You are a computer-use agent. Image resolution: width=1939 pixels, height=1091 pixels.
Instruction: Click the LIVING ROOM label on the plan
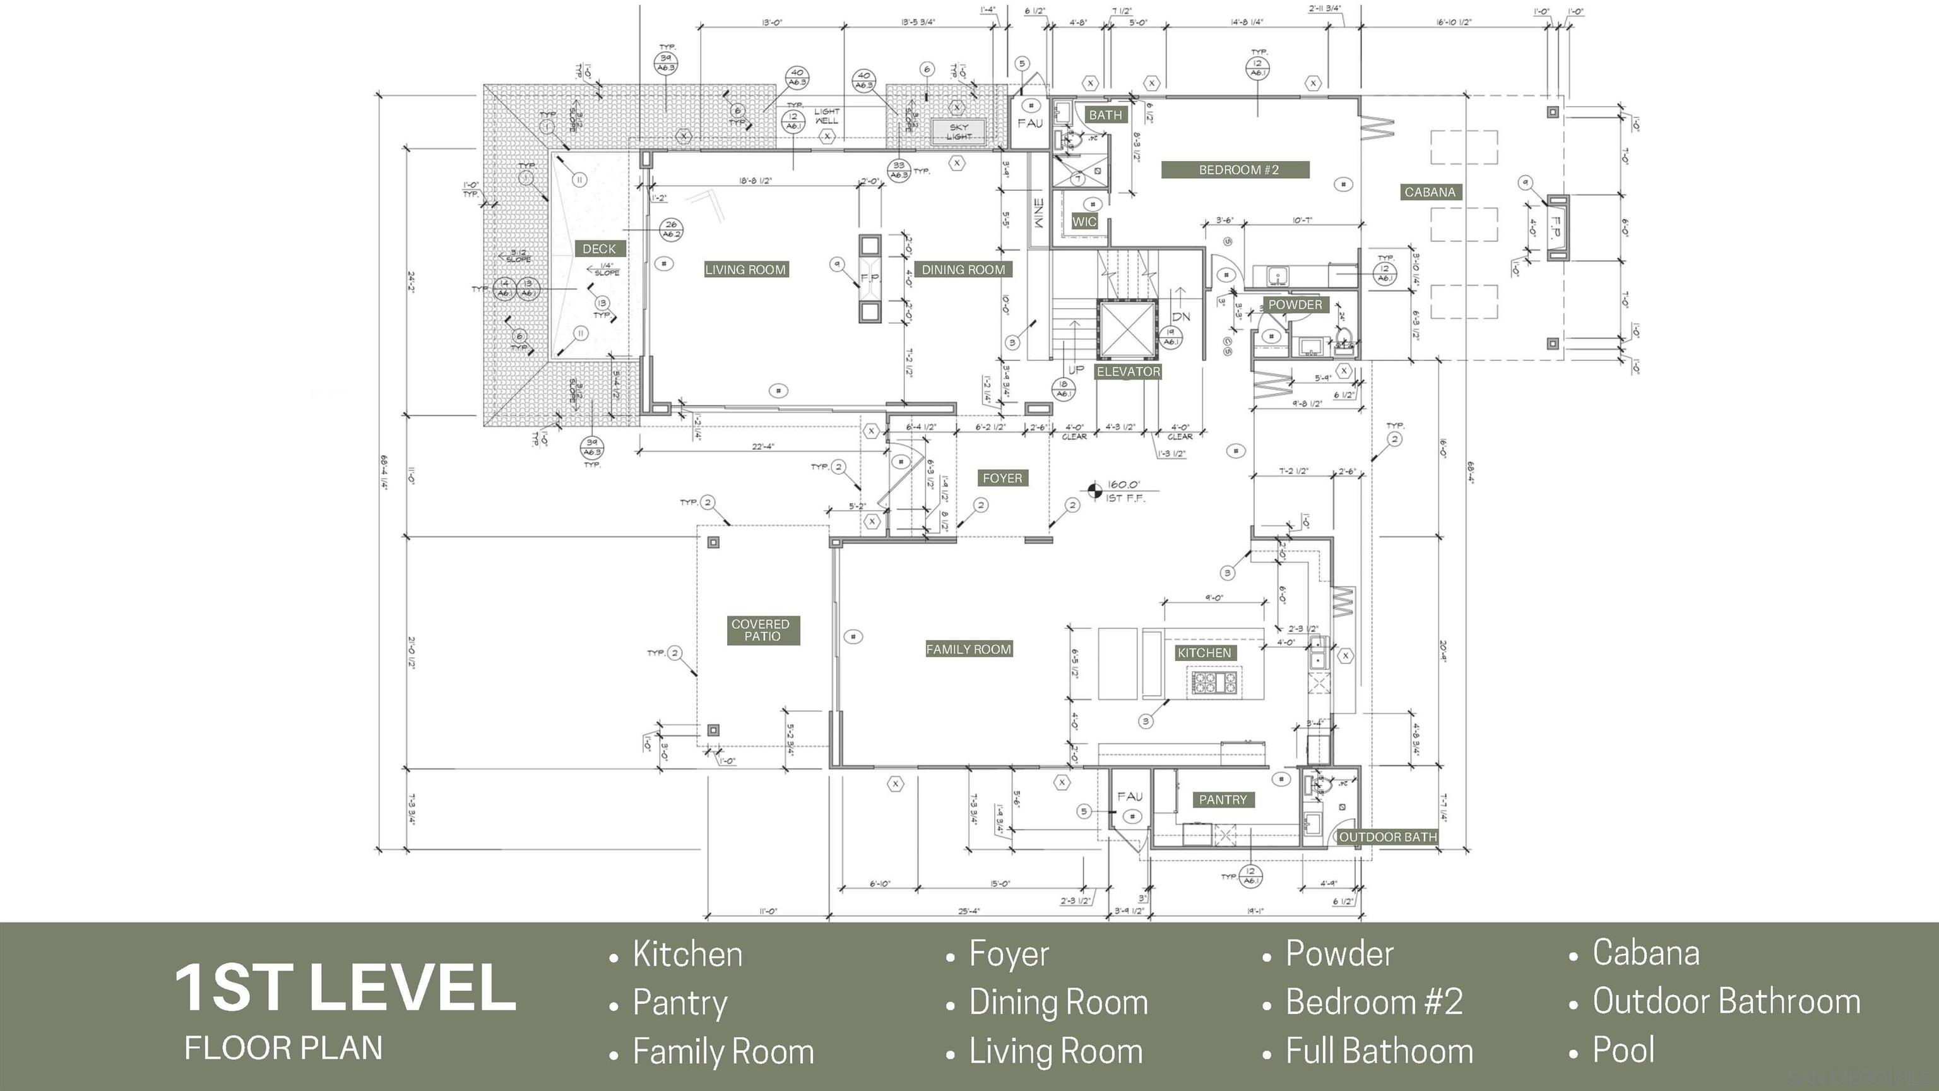click(745, 270)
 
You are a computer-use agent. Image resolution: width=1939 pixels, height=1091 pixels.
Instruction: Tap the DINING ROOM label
click(963, 270)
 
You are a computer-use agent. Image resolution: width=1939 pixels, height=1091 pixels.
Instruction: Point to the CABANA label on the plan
click(1430, 192)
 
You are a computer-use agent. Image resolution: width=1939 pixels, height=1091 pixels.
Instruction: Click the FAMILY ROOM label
click(968, 649)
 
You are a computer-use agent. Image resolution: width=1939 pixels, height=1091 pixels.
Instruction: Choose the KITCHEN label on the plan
click(1204, 653)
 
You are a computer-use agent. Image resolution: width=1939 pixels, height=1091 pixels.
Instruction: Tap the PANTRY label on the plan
click(1223, 799)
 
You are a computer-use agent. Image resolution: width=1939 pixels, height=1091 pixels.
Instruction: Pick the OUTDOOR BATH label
click(1387, 837)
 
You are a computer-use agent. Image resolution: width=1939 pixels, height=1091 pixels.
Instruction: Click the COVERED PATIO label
click(761, 630)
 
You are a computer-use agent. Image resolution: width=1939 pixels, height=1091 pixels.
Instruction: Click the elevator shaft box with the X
click(1126, 329)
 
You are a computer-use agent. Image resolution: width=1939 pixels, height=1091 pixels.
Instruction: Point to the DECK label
click(599, 249)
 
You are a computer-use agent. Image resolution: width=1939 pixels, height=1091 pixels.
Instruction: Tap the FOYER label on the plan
click(1002, 478)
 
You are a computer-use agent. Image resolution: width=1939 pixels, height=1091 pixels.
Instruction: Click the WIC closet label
click(1084, 222)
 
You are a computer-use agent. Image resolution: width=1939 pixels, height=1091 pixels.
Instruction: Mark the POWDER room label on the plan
click(1295, 305)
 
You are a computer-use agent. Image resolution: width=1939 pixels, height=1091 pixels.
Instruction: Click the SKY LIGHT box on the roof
click(958, 132)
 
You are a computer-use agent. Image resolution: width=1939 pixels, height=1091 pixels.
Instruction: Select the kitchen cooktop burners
click(1213, 682)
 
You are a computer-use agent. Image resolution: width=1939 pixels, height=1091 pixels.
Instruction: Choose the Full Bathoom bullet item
click(1379, 1051)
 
